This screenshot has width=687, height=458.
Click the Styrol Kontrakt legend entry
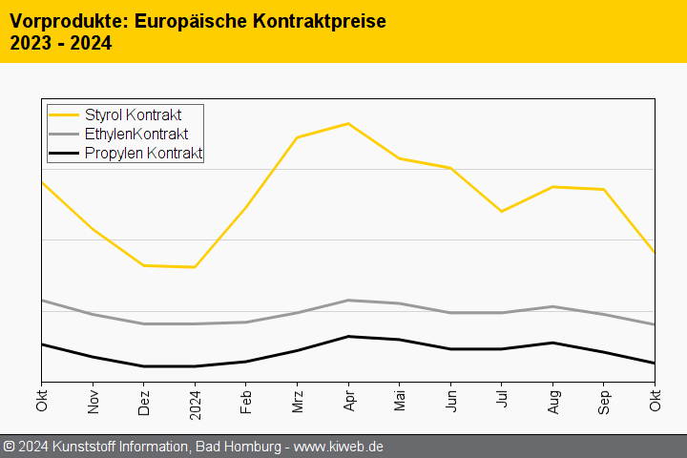click(133, 115)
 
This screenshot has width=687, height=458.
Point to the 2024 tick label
click(196, 405)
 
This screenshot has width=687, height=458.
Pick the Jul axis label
click(503, 400)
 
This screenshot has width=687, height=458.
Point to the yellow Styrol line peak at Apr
click(348, 123)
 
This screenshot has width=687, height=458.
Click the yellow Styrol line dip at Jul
click(502, 211)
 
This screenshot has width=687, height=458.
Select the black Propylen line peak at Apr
click(348, 336)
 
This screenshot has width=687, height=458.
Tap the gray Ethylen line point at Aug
click(553, 306)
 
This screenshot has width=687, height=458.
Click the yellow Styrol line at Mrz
click(298, 137)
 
